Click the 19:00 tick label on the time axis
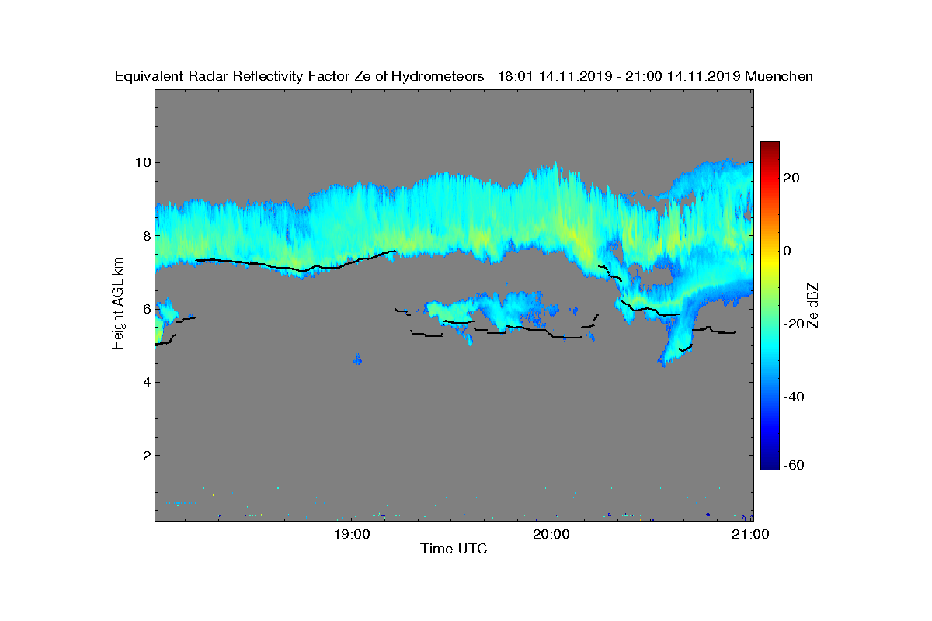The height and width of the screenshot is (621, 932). tap(352, 535)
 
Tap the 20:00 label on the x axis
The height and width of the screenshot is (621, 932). tap(551, 535)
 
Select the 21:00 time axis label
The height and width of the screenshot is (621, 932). tap(750, 535)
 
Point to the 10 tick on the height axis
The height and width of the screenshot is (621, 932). tap(143, 162)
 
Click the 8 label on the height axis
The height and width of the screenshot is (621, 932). tap(147, 236)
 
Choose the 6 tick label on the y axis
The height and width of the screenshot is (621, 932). tap(147, 309)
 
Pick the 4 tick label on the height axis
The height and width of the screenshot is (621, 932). tap(147, 382)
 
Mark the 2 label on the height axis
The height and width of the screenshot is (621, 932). tap(147, 456)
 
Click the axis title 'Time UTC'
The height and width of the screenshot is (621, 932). tap(454, 549)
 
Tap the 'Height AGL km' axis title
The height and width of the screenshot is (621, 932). tap(118, 304)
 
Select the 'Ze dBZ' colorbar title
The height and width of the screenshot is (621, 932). tap(812, 306)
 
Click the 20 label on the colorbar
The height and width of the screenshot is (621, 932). tap(791, 178)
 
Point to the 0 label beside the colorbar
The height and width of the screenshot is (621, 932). tap(787, 251)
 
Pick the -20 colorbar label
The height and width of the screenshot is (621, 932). tap(794, 324)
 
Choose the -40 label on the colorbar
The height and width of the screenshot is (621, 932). tap(794, 397)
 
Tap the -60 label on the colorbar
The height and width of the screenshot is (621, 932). tap(794, 465)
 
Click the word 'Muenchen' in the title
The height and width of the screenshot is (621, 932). tap(778, 76)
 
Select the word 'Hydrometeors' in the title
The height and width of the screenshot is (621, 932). tap(437, 77)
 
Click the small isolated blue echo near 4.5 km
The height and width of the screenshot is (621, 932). tap(358, 359)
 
